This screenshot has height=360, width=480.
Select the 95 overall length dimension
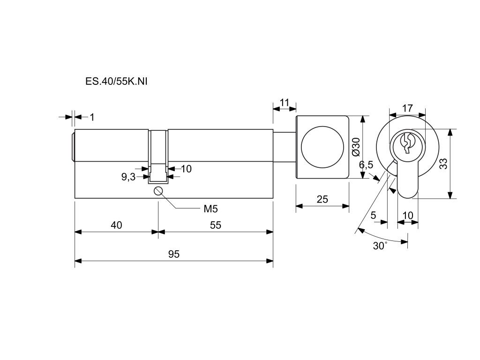(173, 254)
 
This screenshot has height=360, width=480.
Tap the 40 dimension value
(116, 225)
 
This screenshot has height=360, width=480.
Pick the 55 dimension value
(215, 225)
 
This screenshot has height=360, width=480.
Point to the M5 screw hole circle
(158, 191)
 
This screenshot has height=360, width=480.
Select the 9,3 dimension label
(128, 177)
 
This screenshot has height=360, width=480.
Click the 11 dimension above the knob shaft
(285, 103)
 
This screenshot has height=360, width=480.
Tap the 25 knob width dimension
(322, 199)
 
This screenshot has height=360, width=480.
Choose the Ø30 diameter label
(356, 147)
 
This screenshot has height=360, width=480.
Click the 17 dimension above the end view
(407, 108)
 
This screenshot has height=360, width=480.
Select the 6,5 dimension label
(366, 165)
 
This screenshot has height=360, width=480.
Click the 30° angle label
(380, 246)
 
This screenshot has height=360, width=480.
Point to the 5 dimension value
(373, 215)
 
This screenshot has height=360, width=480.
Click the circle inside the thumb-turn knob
(322, 147)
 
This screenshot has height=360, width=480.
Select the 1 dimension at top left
(92, 117)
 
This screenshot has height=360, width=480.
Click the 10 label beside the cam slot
(186, 169)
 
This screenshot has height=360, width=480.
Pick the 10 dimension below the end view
(408, 215)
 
